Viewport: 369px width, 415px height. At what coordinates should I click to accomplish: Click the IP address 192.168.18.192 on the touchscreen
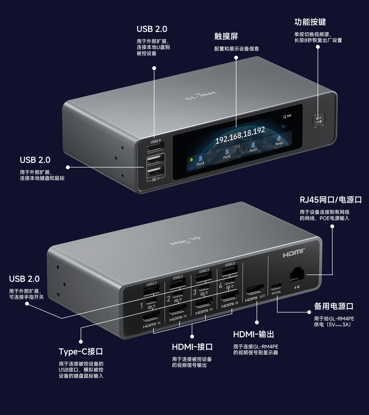240,135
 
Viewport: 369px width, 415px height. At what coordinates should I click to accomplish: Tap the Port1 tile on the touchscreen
200,161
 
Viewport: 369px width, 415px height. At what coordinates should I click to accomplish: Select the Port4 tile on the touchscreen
279,140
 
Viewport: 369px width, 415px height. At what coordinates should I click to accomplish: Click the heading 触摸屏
226,36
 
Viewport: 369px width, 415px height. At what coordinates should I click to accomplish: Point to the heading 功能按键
310,22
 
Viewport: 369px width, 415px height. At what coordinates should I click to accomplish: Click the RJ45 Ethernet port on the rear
297,275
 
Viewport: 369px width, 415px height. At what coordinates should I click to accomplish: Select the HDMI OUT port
255,290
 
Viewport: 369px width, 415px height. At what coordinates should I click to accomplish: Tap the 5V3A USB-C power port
276,286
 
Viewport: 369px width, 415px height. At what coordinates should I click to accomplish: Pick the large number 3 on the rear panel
195,292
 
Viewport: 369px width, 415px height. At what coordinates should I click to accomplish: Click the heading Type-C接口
81,352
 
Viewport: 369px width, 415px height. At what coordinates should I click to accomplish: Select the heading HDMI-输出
254,334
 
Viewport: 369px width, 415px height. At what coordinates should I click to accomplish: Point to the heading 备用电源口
334,306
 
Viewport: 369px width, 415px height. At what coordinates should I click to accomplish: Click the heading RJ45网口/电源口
331,200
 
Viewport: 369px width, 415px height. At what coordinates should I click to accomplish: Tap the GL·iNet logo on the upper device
201,95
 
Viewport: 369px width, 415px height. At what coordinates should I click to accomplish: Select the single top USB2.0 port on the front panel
156,148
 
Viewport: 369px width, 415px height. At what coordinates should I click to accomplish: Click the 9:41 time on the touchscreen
289,116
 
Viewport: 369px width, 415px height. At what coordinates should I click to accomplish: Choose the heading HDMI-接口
192,347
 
